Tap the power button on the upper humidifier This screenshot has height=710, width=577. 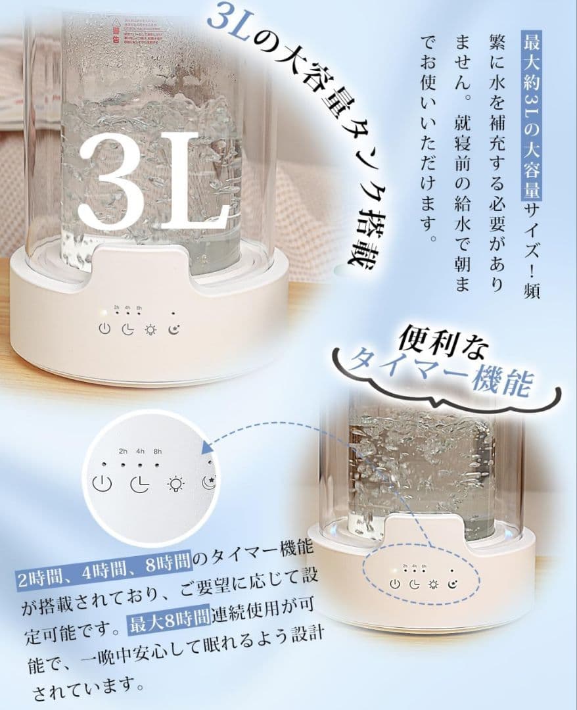(x=104, y=329)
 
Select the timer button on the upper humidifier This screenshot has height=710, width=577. (x=128, y=329)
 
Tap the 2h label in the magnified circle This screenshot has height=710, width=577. (x=123, y=451)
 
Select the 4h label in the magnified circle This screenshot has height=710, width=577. (x=140, y=451)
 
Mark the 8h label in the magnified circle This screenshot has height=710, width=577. (x=157, y=451)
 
